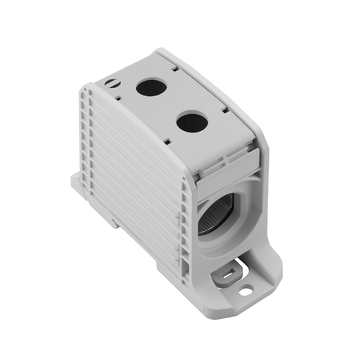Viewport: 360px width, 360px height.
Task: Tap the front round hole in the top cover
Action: click(192, 122)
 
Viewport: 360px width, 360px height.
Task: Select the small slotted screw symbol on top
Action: click(111, 83)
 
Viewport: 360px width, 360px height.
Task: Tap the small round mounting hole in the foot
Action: click(245, 291)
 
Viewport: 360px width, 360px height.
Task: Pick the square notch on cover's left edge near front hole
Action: click(167, 141)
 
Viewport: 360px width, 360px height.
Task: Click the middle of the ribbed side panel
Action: click(135, 175)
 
